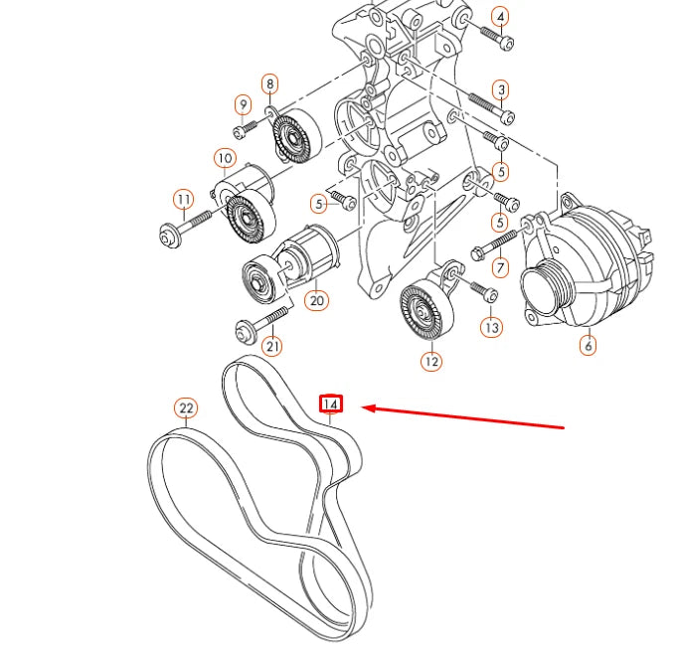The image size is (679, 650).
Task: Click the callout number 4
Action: tap(500, 17)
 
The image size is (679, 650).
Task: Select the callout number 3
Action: tap(501, 90)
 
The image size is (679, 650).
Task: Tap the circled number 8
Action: tap(269, 83)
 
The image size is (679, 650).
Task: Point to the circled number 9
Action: tap(243, 104)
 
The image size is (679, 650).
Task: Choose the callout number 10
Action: tap(224, 158)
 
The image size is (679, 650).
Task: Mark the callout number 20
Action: tap(316, 298)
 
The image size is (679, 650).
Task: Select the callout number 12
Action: tap(430, 362)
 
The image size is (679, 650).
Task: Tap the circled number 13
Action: tap(491, 326)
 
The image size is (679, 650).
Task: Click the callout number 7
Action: tap(500, 266)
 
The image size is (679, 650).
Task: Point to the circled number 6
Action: tap(588, 346)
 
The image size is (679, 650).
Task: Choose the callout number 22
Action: tap(186, 407)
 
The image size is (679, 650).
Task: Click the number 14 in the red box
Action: tap(330, 405)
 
